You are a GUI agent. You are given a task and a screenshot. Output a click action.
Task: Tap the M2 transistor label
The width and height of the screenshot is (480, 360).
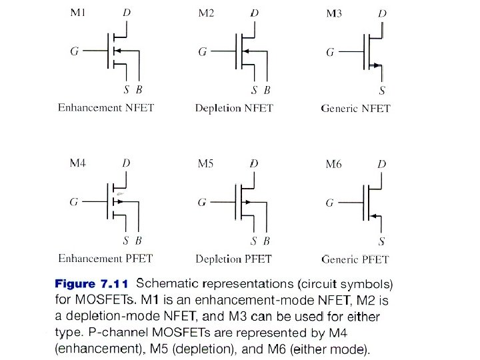coord(206,13)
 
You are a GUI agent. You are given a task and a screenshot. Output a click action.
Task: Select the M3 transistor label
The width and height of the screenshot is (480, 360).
coord(333,14)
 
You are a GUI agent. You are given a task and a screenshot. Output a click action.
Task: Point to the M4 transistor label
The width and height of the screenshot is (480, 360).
coord(77,163)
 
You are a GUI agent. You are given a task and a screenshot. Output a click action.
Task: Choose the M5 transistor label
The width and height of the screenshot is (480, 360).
coord(206,163)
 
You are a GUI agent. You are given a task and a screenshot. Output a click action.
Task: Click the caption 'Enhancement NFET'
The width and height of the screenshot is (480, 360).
coord(105,107)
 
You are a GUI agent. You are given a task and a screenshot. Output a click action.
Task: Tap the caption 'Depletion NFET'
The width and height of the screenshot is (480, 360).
coord(233,108)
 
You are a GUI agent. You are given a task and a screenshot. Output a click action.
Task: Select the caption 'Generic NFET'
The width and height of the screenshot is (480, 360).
coord(355,108)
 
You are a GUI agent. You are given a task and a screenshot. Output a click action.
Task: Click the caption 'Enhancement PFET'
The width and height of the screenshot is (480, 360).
coord(105,258)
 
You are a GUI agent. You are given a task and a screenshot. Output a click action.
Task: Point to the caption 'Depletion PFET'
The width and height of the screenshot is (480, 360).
coord(234,259)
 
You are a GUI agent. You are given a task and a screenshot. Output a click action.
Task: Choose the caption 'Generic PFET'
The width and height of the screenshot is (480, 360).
coord(355,259)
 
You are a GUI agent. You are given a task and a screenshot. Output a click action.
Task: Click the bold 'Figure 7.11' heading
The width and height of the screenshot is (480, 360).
coord(93,284)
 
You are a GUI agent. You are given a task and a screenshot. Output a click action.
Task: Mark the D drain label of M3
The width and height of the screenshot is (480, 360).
coord(381,14)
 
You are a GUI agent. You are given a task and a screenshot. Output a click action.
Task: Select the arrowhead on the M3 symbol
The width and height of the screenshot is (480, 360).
coord(378,65)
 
